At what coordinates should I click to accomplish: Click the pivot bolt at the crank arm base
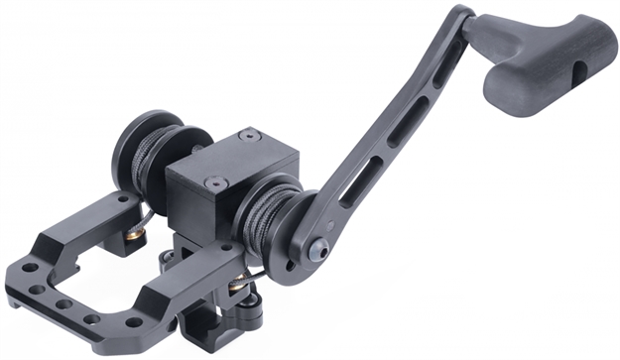point(316,253)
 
